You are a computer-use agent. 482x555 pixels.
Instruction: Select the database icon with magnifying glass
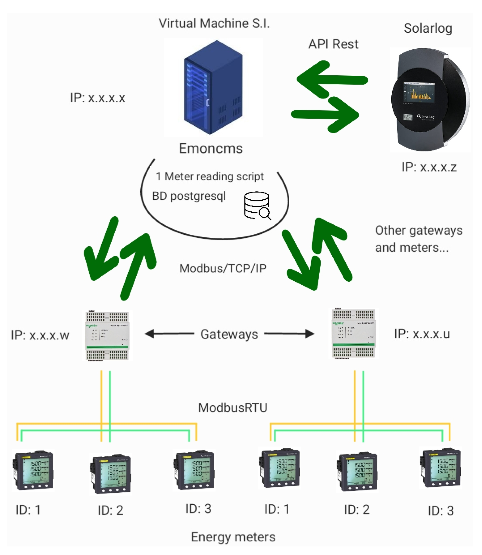tap(257, 205)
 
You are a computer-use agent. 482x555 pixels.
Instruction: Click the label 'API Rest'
tap(333, 44)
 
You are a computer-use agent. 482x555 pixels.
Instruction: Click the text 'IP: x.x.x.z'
tap(429, 167)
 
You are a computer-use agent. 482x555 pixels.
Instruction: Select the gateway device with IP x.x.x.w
tap(107, 336)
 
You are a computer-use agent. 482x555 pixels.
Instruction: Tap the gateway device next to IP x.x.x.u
tap(353, 333)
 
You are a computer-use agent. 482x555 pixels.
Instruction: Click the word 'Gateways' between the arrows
tap(229, 334)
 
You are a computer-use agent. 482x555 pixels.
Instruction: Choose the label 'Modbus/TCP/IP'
tap(223, 268)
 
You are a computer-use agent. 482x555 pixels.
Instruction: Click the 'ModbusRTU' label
tap(232, 408)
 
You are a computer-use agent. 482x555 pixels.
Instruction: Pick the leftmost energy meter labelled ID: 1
tap(33, 470)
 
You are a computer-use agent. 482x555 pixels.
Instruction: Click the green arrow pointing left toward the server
tap(332, 80)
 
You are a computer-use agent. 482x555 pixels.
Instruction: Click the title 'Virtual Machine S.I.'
tap(214, 24)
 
